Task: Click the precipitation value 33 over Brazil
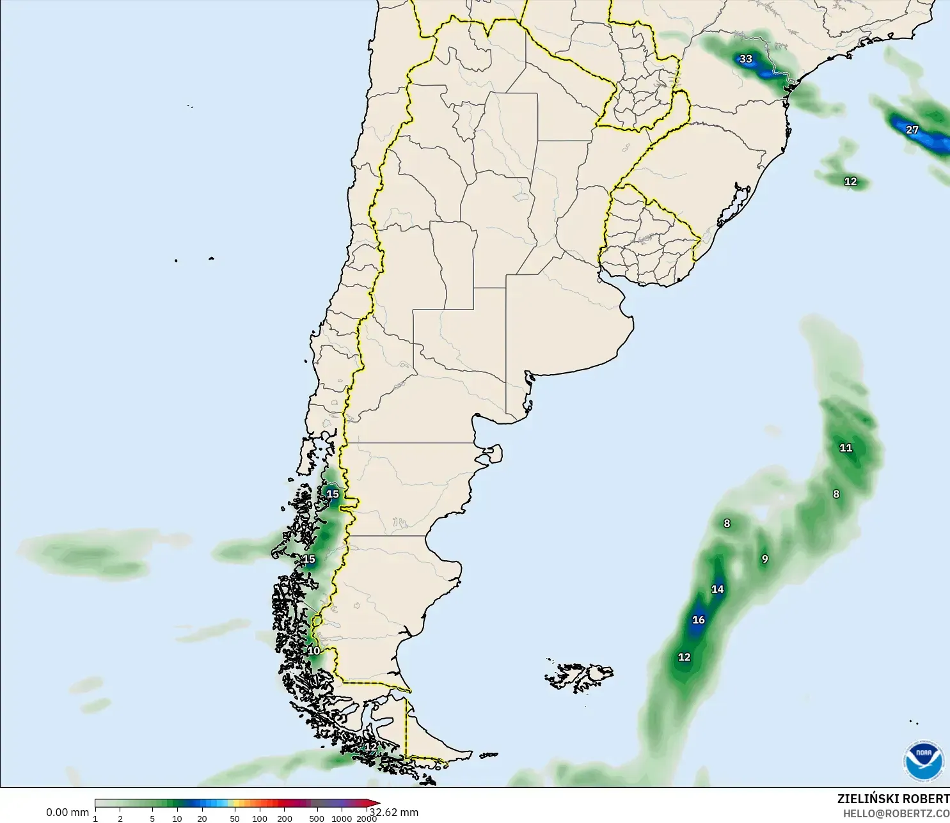pos(746,59)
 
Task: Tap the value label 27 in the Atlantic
pos(912,130)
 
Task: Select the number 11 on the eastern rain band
pos(846,448)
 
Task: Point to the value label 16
pos(699,620)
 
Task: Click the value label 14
pos(718,589)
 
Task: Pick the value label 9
pos(764,559)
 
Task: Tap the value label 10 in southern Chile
pos(313,651)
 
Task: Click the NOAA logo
pos(923,760)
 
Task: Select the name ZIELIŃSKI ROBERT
pos(893,799)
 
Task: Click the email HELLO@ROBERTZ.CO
pos(896,814)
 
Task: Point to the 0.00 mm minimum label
pos(67,812)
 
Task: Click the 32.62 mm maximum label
pos(394,812)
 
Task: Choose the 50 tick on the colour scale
pos(235,819)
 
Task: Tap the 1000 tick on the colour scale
pos(342,819)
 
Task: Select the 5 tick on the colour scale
pos(152,819)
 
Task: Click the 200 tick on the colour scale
pos(285,819)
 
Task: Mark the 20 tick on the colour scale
pos(202,819)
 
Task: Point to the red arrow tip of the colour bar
pos(377,803)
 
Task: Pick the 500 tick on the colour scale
pos(317,819)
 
